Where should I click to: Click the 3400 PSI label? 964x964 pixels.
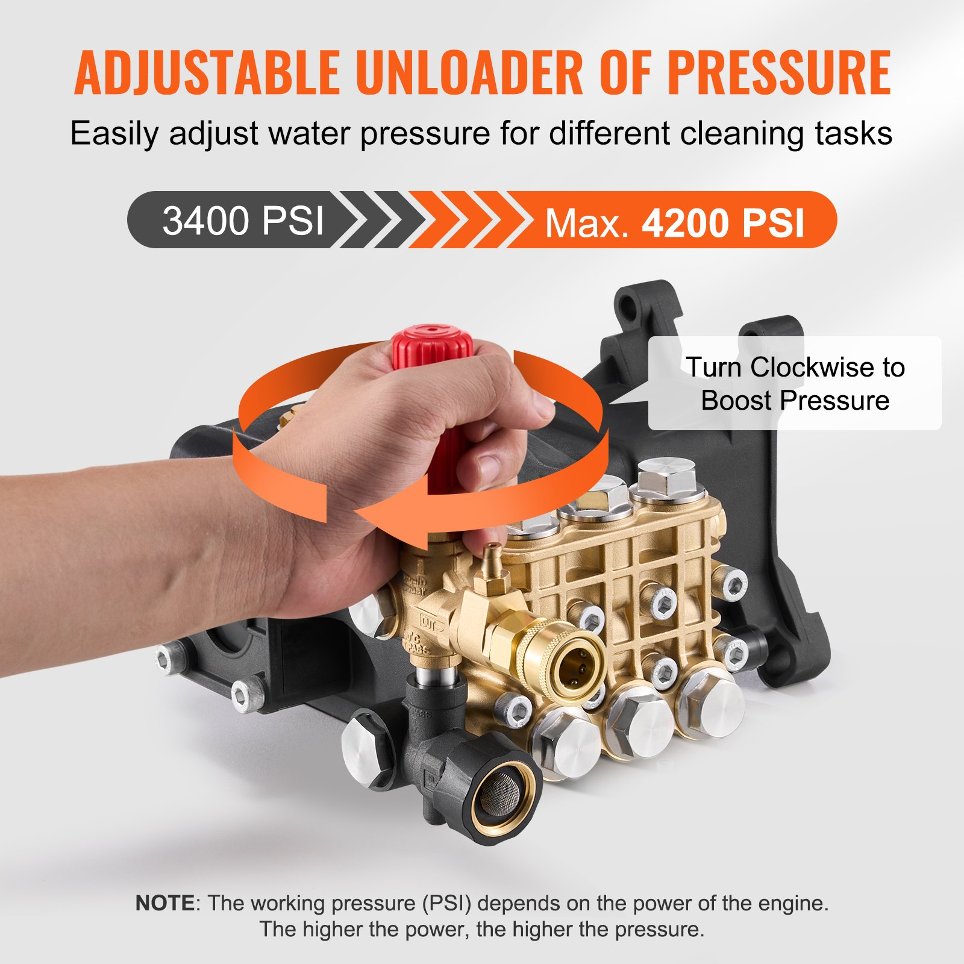[x=243, y=221]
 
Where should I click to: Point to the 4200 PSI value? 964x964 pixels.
[x=723, y=223]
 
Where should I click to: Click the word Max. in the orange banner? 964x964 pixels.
[x=587, y=224]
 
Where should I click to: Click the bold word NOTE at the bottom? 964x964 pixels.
[x=164, y=903]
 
